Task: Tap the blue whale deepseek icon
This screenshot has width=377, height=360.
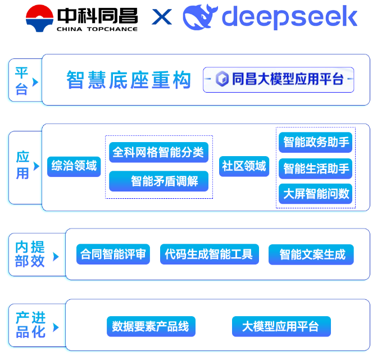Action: click(200, 17)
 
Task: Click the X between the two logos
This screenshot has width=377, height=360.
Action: click(162, 17)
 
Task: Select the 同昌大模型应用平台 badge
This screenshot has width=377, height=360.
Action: click(279, 79)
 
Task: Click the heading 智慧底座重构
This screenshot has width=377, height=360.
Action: click(129, 80)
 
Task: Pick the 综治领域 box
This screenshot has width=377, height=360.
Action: click(74, 166)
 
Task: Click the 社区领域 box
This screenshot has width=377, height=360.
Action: click(244, 166)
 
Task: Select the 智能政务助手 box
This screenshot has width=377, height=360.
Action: click(315, 142)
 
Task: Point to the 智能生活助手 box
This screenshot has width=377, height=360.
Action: click(315, 168)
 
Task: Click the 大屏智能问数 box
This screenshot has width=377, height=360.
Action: click(315, 194)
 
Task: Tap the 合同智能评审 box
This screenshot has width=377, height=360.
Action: click(113, 254)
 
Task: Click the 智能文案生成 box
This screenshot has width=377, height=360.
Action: click(311, 254)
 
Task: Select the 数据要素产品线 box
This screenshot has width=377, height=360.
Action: click(151, 326)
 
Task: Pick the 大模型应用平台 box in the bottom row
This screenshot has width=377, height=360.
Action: click(281, 326)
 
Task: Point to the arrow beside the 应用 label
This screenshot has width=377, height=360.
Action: click(37, 166)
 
